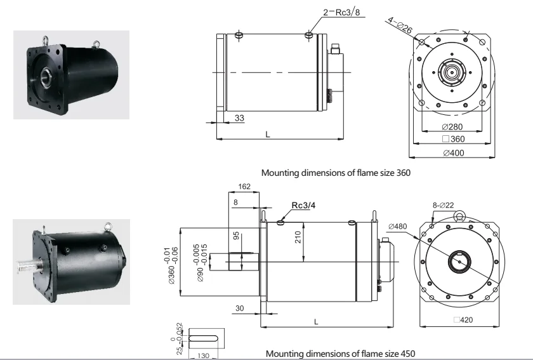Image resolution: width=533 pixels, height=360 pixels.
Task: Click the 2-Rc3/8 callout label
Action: coord(341,12)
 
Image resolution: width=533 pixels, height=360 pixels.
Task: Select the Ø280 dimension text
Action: coord(452,126)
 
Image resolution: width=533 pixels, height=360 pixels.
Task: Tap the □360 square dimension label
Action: coord(454,139)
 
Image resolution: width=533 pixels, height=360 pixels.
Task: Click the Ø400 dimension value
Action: coord(454,153)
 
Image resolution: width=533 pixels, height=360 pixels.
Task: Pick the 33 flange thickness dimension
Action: coord(239,117)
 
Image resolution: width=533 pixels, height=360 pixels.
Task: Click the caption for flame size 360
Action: coord(336,173)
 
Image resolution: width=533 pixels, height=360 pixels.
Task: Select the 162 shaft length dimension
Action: coord(244,187)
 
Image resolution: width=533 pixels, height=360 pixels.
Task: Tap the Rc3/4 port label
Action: coord(303,205)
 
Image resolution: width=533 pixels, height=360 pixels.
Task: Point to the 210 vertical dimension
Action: coord(298,237)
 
